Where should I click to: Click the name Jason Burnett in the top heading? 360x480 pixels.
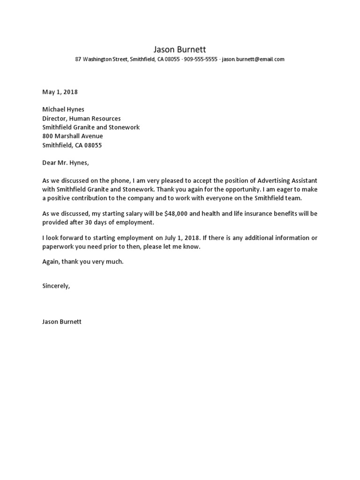coord(180,49)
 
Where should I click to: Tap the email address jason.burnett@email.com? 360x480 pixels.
coord(253,60)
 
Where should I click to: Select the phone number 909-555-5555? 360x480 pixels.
coord(200,60)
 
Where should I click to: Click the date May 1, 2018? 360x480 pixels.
coord(60,92)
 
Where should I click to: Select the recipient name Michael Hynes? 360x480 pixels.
coord(63,109)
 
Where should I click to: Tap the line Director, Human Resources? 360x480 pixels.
coord(82,119)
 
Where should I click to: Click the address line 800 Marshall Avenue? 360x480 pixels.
coord(73,136)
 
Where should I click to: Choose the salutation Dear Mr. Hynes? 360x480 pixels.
coord(65,163)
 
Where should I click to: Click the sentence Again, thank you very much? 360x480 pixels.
coord(83,262)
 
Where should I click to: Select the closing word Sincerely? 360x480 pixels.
coord(56,286)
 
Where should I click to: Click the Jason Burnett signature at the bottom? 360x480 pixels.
coord(62,322)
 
